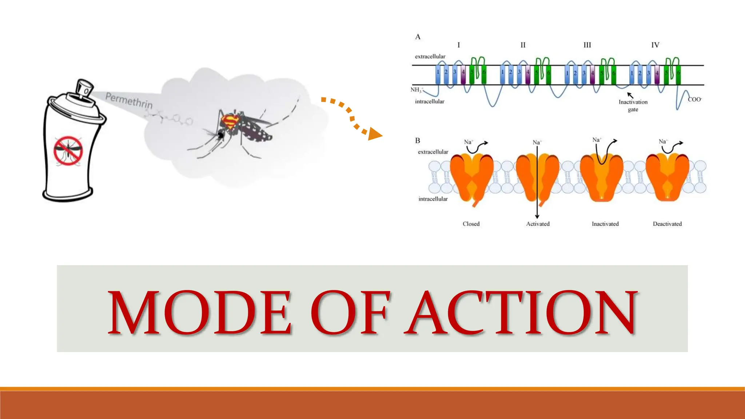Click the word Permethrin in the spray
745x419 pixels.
[129, 100]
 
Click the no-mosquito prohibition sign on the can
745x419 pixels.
[68, 151]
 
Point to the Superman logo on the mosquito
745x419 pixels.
[231, 122]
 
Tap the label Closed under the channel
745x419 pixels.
[471, 224]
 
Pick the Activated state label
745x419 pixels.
[538, 224]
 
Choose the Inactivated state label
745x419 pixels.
[605, 224]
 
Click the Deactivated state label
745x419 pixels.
[667, 224]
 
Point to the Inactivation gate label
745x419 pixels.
[633, 105]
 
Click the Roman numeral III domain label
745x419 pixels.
[587, 45]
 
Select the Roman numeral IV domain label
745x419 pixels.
[655, 45]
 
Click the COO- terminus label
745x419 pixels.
[694, 99]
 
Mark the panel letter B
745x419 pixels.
[418, 140]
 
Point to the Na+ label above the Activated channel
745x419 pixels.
[537, 142]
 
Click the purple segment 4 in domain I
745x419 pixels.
[463, 75]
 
